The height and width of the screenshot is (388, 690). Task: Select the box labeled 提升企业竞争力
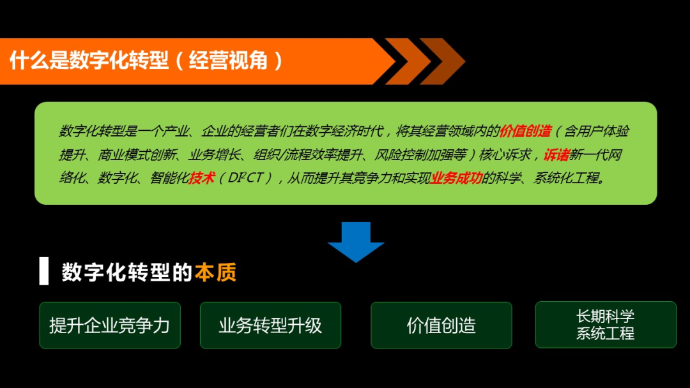click(x=110, y=325)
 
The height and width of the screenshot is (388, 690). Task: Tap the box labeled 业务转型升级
click(x=270, y=325)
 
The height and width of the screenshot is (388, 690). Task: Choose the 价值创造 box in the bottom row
click(x=441, y=325)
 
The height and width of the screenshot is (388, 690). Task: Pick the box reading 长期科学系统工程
click(x=606, y=325)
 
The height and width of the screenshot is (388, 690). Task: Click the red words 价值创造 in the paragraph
click(x=526, y=131)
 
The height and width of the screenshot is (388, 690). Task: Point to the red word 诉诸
click(x=556, y=155)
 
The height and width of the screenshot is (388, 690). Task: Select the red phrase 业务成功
click(x=456, y=179)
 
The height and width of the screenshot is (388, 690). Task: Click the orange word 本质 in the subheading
click(x=216, y=272)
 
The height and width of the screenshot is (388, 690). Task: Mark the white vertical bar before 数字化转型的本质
click(x=43, y=271)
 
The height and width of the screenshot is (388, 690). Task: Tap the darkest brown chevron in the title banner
click(x=442, y=61)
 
